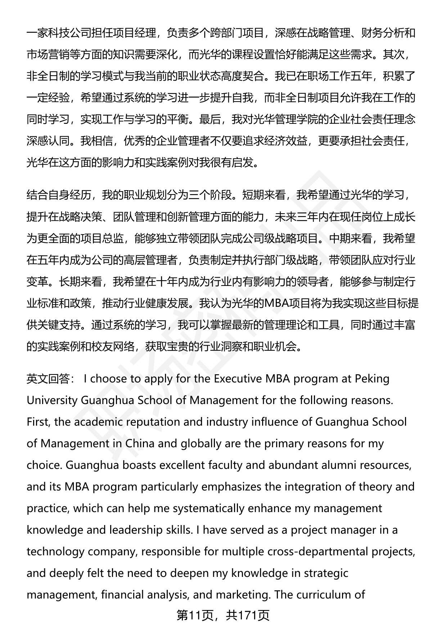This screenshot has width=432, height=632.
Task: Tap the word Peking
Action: click(x=372, y=379)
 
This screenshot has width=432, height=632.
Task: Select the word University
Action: click(x=52, y=400)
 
